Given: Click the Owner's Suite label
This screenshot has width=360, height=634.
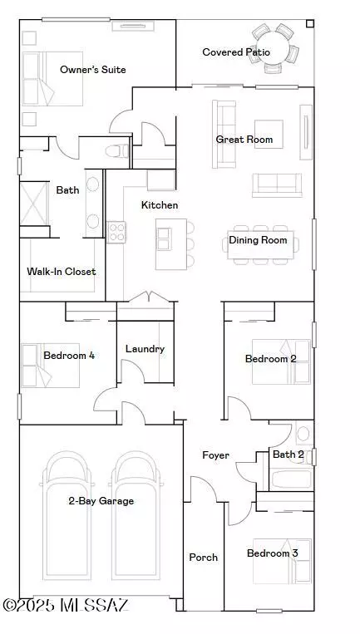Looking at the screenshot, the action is (x=92, y=70).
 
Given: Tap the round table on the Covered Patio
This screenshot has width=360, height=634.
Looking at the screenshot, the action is (x=274, y=49).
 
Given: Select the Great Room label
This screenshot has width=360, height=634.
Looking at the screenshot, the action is (x=244, y=140).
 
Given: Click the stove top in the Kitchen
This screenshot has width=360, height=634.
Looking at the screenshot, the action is (x=116, y=233).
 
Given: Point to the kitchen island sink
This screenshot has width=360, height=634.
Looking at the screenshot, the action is (x=165, y=239).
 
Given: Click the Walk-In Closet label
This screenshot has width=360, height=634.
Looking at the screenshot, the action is (x=62, y=272).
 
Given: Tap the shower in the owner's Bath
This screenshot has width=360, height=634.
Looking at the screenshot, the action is (x=34, y=204).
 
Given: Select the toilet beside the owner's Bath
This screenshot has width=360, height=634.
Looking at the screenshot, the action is (x=117, y=151).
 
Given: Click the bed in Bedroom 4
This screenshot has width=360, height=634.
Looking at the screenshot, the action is (x=50, y=366).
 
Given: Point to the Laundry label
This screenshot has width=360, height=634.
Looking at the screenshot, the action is (x=145, y=349).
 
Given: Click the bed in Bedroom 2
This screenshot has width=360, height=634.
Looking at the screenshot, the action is (x=282, y=361).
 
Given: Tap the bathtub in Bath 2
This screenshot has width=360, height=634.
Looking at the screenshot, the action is (x=291, y=479).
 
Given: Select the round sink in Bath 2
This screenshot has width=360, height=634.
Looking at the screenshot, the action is (x=303, y=434).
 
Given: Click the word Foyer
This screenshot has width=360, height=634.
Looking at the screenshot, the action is (x=215, y=455).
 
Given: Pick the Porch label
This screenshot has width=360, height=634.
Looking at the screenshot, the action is (x=204, y=558).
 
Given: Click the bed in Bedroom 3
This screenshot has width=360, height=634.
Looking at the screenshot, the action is (x=283, y=561).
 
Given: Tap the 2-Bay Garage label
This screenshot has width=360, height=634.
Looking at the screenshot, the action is (x=101, y=501).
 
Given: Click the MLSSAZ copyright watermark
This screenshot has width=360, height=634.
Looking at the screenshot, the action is (x=66, y=605).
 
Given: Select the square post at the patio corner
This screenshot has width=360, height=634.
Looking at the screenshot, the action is (x=310, y=24).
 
